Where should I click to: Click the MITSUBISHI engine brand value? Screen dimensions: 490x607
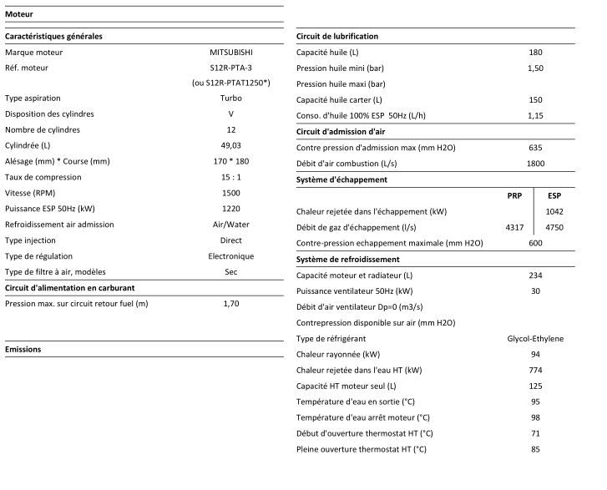[231, 52]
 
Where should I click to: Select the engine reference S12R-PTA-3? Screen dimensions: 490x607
[231, 67]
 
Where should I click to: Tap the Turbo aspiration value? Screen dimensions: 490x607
[231, 99]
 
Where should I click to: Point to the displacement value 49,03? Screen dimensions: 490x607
[231, 145]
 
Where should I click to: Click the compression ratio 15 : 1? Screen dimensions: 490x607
[231, 177]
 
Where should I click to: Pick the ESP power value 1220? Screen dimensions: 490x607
[231, 209]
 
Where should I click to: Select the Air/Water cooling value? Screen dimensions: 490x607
[231, 225]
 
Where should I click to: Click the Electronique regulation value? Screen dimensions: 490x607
[231, 256]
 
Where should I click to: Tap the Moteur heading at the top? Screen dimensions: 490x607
[19, 13]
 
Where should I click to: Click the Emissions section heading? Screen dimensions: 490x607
[23, 349]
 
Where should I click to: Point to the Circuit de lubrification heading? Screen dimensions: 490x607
[337, 37]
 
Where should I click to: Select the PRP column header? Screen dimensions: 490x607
[515, 195]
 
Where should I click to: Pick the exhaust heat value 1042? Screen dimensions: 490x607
[554, 211]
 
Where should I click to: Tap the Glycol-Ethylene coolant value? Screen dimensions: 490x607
[535, 338]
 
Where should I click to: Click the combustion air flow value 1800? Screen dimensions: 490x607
[535, 164]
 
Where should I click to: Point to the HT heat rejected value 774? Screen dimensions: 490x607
[535, 370]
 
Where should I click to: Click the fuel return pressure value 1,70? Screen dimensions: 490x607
[231, 304]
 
